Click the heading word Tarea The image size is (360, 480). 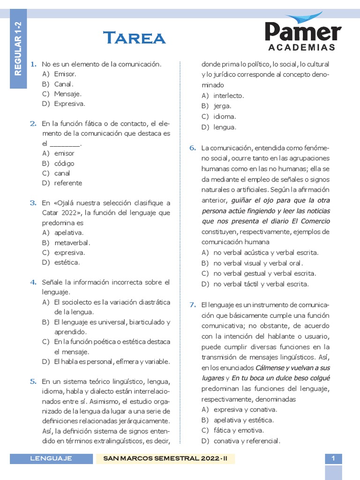134,37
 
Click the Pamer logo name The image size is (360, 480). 302,31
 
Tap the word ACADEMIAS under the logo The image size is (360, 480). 302,47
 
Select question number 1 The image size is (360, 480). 33,64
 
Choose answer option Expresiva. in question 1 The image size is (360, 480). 69,104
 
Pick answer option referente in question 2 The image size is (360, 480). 68,183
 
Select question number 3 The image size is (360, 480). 33,203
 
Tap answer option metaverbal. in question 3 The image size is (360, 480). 72,243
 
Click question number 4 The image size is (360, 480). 33,282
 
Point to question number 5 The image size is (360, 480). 33,382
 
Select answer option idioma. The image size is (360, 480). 225,117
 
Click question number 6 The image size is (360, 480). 193,148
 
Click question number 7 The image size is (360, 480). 193,305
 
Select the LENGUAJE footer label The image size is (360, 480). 51,458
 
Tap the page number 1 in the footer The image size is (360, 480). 333,458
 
